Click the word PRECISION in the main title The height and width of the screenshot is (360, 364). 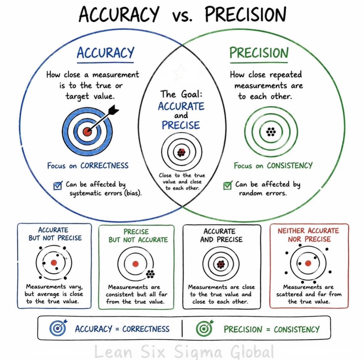click(246, 14)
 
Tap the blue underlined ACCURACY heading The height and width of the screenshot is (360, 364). click(105, 53)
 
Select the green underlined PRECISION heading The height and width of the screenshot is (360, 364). click(259, 53)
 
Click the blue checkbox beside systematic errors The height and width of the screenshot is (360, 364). click(58, 186)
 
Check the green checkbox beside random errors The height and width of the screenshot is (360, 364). click(228, 185)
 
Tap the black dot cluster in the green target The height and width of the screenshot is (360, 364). click(271, 132)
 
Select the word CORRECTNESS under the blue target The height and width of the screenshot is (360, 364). click(104, 166)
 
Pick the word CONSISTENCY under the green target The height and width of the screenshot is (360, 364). click(290, 166)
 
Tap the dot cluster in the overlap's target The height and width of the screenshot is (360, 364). click(181, 152)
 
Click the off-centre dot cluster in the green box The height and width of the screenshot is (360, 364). click(150, 274)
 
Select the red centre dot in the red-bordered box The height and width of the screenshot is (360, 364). click(308, 263)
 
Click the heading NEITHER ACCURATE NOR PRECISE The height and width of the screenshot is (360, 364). click(308, 235)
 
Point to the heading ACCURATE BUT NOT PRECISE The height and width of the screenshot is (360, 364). click(55, 234)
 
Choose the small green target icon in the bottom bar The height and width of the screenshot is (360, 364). click(204, 328)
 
